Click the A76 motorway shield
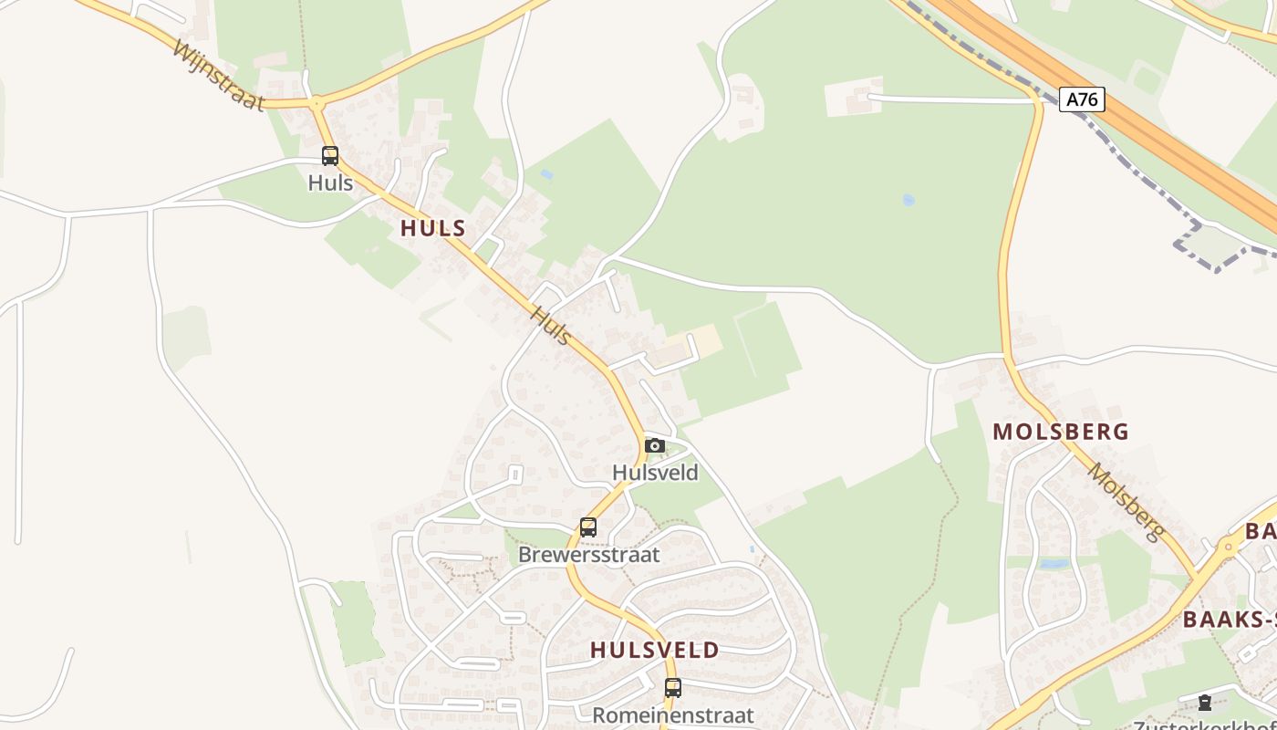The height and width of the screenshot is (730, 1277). click(1082, 99)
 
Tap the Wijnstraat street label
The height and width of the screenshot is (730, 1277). click(218, 73)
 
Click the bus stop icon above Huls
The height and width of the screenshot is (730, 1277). click(330, 156)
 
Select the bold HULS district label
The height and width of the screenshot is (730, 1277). click(433, 228)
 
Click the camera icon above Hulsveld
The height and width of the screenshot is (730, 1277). click(655, 445)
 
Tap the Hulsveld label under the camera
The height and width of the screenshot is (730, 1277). click(655, 473)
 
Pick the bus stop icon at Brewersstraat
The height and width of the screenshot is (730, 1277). click(588, 527)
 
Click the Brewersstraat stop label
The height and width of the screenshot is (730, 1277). click(588, 555)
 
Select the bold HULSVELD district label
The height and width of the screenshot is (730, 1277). click(654, 651)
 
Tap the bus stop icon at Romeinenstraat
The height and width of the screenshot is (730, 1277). click(673, 687)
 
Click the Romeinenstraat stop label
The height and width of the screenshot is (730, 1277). click(673, 714)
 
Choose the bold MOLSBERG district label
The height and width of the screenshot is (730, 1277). click(1061, 432)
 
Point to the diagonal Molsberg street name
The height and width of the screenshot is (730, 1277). click(1127, 503)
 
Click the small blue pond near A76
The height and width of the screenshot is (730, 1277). click(908, 200)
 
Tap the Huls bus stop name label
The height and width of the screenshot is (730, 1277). click(330, 182)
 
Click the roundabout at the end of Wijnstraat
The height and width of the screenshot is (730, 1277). click(317, 104)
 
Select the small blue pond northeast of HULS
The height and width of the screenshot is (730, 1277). click(546, 173)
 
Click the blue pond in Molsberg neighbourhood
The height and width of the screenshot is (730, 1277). click(1054, 564)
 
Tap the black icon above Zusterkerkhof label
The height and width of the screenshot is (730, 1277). click(1205, 702)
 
